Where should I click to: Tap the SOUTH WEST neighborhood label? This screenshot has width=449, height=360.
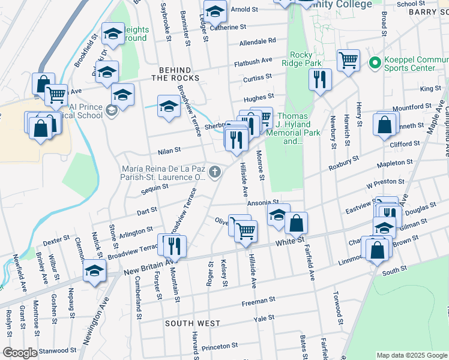click(x=193, y=323)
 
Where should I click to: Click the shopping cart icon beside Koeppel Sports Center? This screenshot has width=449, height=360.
click(x=348, y=60)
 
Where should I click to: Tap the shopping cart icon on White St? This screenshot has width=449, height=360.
click(x=246, y=230)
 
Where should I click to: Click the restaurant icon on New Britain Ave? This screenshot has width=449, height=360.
click(x=175, y=245)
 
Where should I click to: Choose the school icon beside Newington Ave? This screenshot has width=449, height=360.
click(x=94, y=271)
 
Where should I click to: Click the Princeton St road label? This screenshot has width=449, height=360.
click(x=220, y=347)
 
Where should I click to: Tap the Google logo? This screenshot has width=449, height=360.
click(x=20, y=353)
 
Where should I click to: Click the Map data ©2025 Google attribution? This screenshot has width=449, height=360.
click(x=411, y=355)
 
